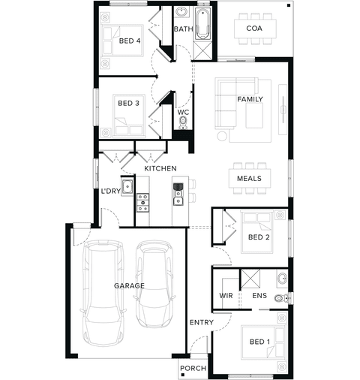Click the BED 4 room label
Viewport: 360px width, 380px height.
pyautogui.click(x=130, y=41)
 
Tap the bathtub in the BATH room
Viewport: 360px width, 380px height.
pyautogui.click(x=202, y=24)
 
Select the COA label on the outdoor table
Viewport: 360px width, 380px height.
pyautogui.click(x=254, y=29)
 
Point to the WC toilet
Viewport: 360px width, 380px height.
pyautogui.click(x=183, y=122)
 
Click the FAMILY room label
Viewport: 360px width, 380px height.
pyautogui.click(x=250, y=99)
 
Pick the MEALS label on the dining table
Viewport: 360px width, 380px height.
pyautogui.click(x=249, y=179)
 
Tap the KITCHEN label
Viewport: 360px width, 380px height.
pyautogui.click(x=160, y=168)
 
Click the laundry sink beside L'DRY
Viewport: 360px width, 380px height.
pyautogui.click(x=127, y=187)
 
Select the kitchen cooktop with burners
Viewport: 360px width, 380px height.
pyautogui.click(x=142, y=203)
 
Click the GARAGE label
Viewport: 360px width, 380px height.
pyautogui.click(x=129, y=285)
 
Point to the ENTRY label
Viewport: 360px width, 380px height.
pyautogui.click(x=202, y=322)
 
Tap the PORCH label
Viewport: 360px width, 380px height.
pyautogui.click(x=193, y=368)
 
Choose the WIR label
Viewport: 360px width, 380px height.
pyautogui.click(x=226, y=296)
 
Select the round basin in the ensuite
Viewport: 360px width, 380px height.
pyautogui.click(x=283, y=278)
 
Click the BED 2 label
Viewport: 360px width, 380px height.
pyautogui.click(x=259, y=237)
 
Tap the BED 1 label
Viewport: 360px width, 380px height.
pyautogui.click(x=260, y=342)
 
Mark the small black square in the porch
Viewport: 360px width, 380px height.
pyautogui.click(x=183, y=375)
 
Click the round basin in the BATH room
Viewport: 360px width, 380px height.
pyautogui.click(x=181, y=12)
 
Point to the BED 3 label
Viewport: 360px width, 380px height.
pyautogui.click(x=128, y=103)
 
